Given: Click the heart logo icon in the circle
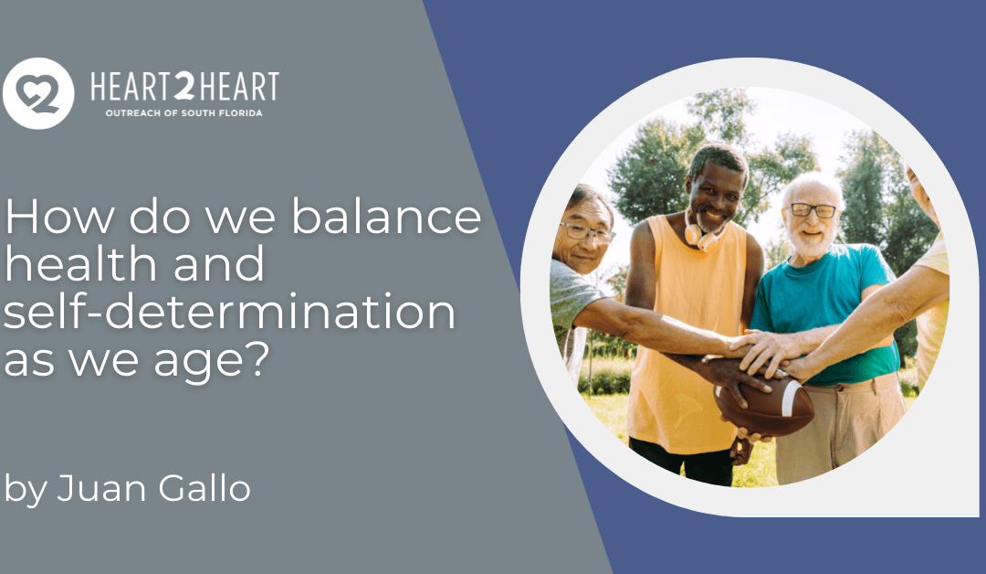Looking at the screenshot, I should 38,93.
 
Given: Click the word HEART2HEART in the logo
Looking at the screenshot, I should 184,87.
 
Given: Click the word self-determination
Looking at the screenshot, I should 229,314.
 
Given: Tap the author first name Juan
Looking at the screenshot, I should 91,489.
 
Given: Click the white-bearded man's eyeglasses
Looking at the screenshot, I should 812,210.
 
